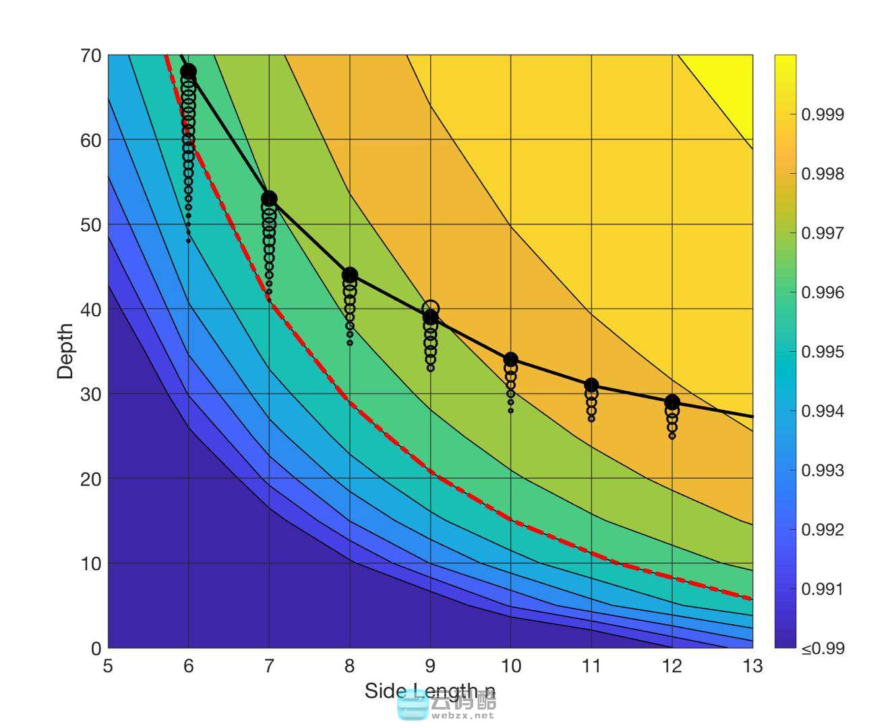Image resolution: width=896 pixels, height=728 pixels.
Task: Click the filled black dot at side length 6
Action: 188,71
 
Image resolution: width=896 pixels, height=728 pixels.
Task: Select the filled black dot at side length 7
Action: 269,199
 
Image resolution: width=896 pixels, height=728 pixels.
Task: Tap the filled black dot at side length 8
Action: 349,275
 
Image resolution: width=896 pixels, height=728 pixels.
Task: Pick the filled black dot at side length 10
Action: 510,360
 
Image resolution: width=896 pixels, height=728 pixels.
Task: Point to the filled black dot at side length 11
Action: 591,386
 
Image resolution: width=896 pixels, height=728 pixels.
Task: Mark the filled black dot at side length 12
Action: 671,402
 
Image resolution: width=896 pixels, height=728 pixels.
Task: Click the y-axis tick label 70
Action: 90,55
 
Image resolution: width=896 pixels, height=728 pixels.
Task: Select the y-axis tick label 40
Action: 90,309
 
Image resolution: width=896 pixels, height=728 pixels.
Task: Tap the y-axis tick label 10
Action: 90,564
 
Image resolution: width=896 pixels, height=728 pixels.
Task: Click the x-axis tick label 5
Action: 108,666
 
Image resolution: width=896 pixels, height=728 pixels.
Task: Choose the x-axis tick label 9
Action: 430,666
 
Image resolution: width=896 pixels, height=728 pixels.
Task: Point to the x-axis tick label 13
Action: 752,666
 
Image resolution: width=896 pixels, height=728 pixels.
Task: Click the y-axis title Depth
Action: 65,351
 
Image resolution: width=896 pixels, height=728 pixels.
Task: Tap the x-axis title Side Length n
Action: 429,690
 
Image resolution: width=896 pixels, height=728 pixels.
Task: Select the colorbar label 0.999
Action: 822,115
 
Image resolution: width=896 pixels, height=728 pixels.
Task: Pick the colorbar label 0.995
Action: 822,352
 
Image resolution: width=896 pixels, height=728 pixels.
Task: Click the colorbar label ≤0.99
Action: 822,648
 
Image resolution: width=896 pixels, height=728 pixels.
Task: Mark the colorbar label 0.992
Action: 822,530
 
